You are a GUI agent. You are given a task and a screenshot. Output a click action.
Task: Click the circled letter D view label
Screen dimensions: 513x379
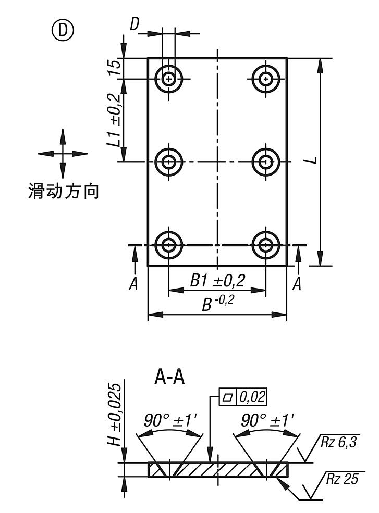pyautogui.click(x=63, y=31)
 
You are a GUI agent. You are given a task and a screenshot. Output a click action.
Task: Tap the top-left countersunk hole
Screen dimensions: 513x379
pyautogui.click(x=168, y=79)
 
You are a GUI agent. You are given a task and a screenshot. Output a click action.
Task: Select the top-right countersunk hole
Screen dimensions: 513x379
pyautogui.click(x=266, y=79)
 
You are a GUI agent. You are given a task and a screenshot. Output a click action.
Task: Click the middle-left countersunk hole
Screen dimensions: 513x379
pyautogui.click(x=168, y=162)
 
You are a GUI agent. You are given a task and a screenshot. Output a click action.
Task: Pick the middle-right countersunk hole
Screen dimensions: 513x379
pyautogui.click(x=266, y=162)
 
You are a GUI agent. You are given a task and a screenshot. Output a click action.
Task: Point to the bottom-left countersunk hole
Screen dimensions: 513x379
pyautogui.click(x=168, y=244)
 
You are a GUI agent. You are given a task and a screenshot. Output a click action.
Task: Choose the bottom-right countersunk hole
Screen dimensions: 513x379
pyautogui.click(x=266, y=244)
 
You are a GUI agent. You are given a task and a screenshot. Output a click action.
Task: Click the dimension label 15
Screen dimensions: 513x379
pyautogui.click(x=116, y=67)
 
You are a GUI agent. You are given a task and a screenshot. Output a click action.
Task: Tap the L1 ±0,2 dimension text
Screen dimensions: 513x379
pyautogui.click(x=116, y=120)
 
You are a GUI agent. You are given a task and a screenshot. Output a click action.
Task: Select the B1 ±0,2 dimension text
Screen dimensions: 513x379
pyautogui.click(x=217, y=281)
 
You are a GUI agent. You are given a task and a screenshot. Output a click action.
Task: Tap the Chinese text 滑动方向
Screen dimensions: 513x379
pyautogui.click(x=63, y=192)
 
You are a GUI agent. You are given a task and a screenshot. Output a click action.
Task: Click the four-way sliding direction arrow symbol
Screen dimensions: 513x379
pyautogui.click(x=63, y=154)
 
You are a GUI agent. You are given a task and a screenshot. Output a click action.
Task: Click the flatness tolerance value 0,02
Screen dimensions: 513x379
pyautogui.click(x=252, y=397)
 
